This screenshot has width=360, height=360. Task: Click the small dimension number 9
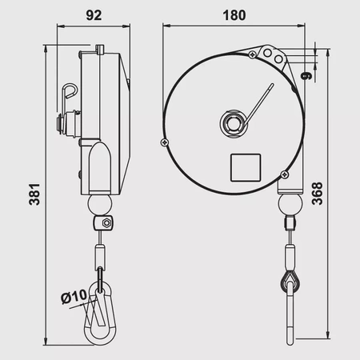click(x=308, y=77)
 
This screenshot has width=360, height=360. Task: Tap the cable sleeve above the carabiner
click(x=101, y=256)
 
